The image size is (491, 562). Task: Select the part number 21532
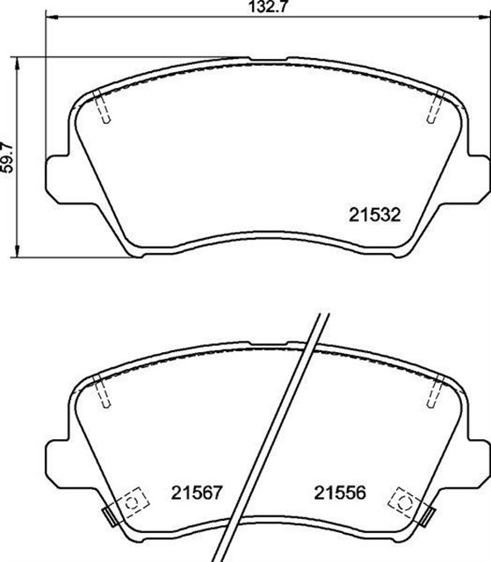click(x=376, y=213)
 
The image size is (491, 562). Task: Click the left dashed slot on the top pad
click(x=103, y=109)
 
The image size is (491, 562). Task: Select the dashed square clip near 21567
click(x=133, y=502)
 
